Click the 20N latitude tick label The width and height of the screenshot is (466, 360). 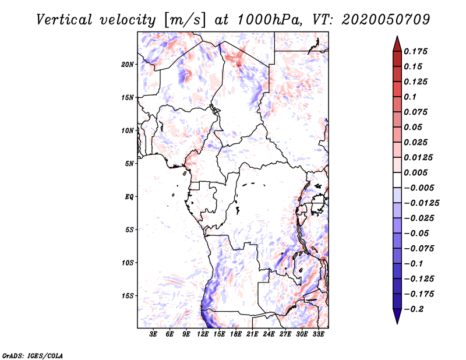pos(127,65)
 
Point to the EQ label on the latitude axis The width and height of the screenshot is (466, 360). pos(129,197)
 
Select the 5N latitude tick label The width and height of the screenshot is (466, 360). pos(129,164)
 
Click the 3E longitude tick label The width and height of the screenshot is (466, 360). pos(153,334)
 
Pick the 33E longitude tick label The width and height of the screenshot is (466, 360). pos(318,334)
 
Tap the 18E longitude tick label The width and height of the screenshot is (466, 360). pos(235,334)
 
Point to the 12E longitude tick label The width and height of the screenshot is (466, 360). pos(202,334)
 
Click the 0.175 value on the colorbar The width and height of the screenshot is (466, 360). pos(415,51)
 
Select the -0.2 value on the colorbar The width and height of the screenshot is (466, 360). pos(414,309)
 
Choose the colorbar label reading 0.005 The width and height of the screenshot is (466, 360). pos(415,172)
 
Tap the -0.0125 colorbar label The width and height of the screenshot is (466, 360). pos(421,203)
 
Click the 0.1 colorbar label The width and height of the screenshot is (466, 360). pos(410,97)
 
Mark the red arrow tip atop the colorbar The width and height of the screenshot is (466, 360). pos(397,37)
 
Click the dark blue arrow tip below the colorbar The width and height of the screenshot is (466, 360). pos(397,323)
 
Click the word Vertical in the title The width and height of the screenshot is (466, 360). pos(64,20)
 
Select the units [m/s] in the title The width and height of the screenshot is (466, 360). pos(185,20)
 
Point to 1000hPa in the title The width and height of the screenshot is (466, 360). pos(268,20)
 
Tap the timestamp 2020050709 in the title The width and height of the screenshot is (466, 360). pos(386,20)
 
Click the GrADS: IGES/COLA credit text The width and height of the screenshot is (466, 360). pos(33,355)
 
